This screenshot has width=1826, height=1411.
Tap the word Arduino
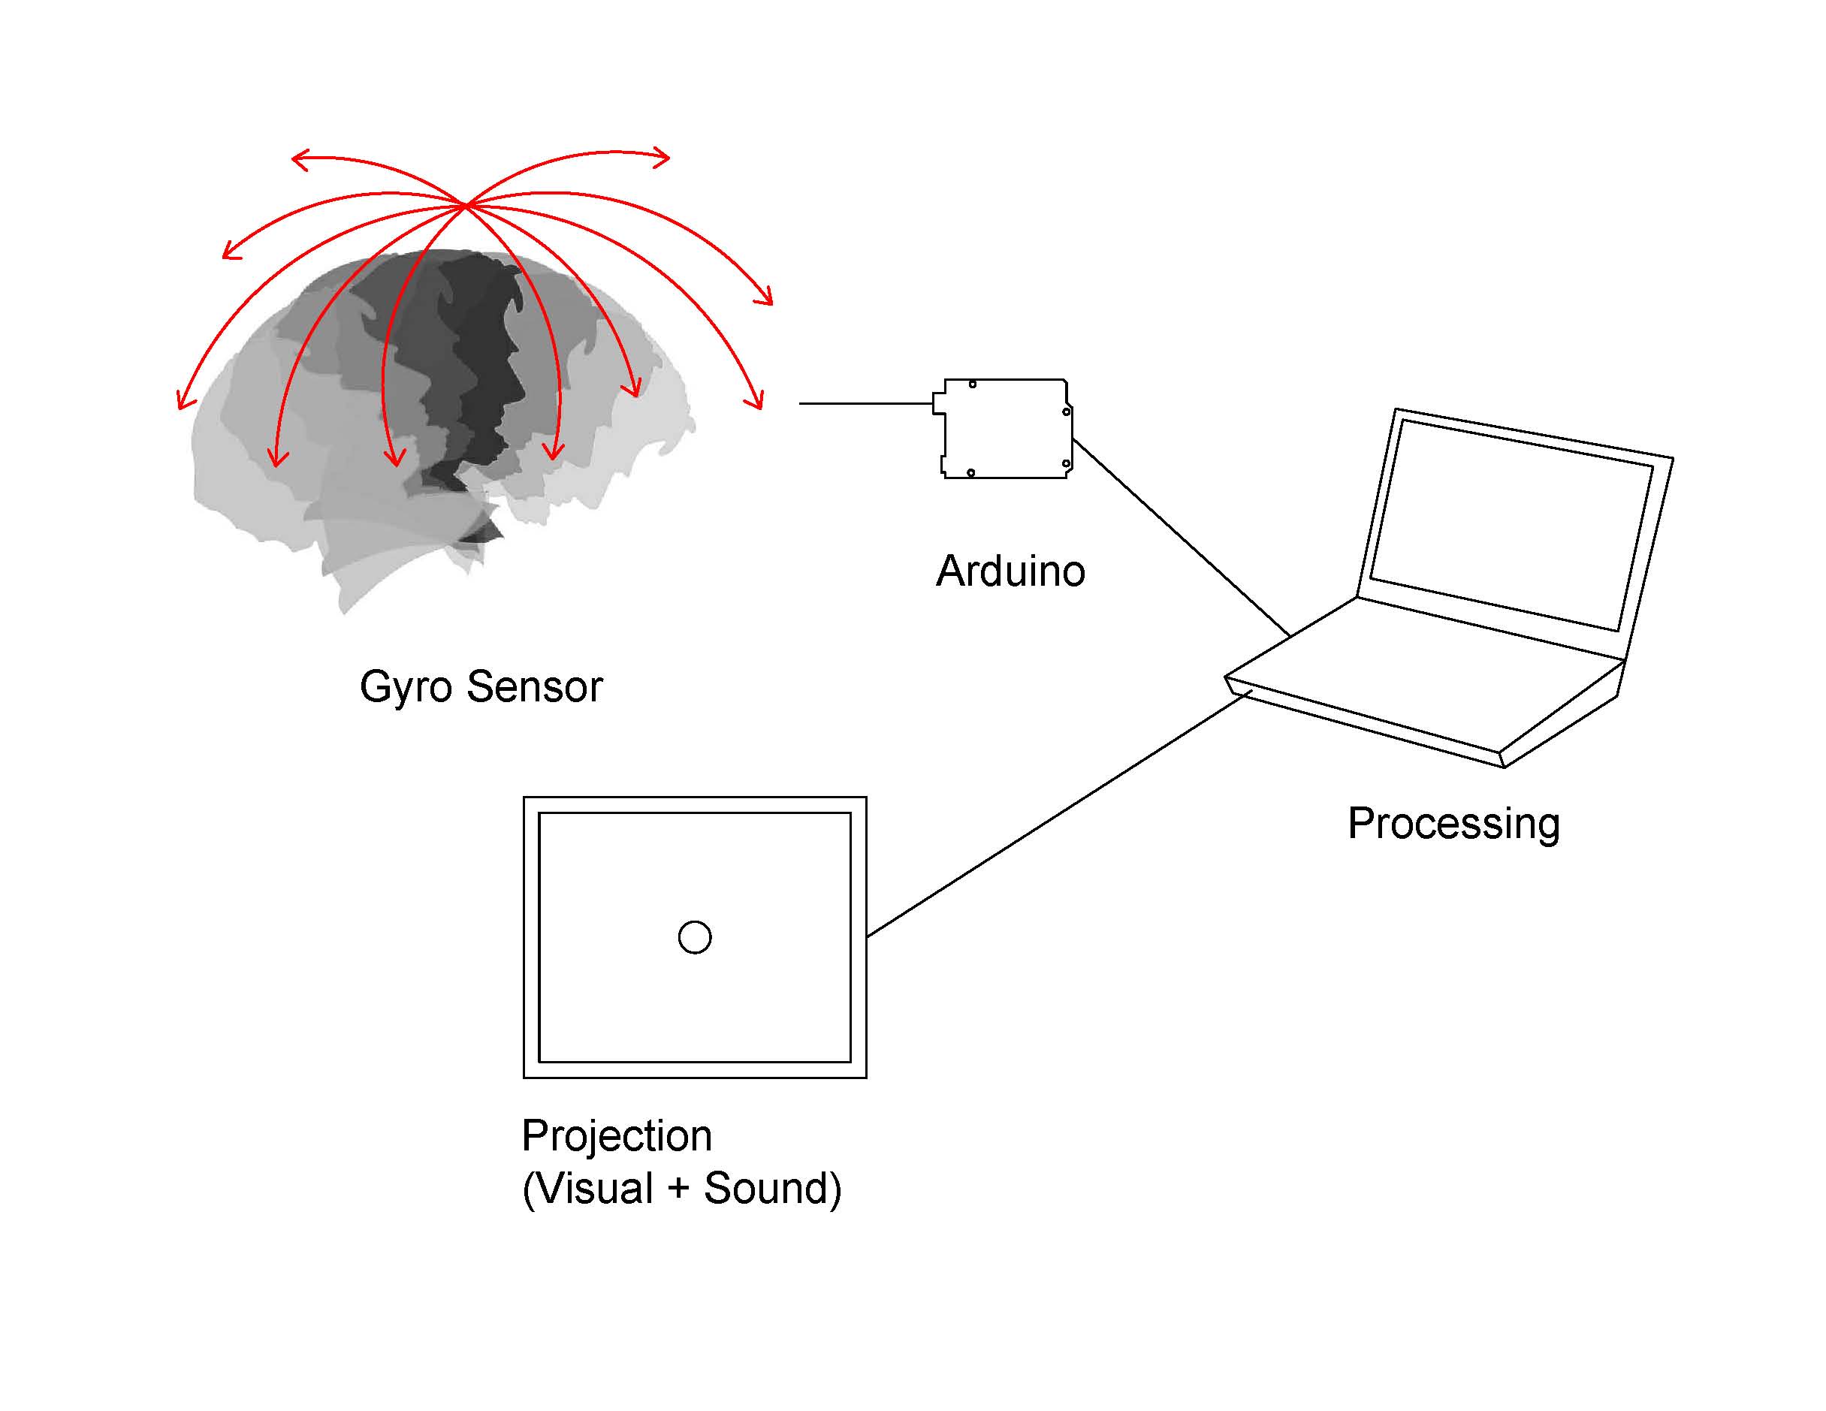1010,571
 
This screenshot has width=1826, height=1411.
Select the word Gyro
406,688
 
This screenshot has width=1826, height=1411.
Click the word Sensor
534,686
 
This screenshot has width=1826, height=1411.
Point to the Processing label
1453,823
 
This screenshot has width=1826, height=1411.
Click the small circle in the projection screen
694,937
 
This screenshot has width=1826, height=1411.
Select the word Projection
616,1136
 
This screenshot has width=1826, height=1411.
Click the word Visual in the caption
594,1188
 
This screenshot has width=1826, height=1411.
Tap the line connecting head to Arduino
865,403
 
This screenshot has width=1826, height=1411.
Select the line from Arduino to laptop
1179,537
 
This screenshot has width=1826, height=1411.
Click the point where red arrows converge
465,204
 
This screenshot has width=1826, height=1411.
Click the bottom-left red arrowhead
183,401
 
